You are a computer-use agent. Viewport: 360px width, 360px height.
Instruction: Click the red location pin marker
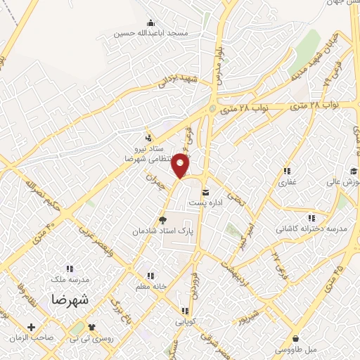pyautogui.click(x=181, y=167)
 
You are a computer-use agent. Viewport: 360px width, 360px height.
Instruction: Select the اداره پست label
pyautogui.click(x=205, y=202)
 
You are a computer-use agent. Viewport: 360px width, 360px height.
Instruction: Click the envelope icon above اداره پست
pyautogui.click(x=205, y=192)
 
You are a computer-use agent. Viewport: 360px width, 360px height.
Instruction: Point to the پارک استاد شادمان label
pyautogui.click(x=161, y=231)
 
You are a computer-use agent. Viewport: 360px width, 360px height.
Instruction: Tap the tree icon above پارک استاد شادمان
pyautogui.click(x=163, y=219)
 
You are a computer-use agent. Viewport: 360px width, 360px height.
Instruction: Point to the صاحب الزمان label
pyautogui.click(x=32, y=337)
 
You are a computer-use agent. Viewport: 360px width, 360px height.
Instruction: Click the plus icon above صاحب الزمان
pyautogui.click(x=32, y=327)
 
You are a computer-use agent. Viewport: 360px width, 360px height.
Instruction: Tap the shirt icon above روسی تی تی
pyautogui.click(x=91, y=327)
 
